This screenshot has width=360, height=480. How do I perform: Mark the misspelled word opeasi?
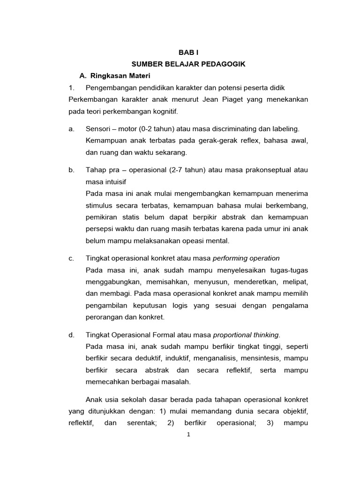pyautogui.click(x=187, y=241)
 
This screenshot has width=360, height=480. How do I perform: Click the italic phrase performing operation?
pyautogui.click(x=246, y=258)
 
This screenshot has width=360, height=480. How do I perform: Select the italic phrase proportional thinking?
pyautogui.click(x=246, y=335)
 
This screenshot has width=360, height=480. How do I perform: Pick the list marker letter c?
pyautogui.click(x=71, y=258)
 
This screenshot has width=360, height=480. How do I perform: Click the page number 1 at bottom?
pyautogui.click(x=188, y=435)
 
